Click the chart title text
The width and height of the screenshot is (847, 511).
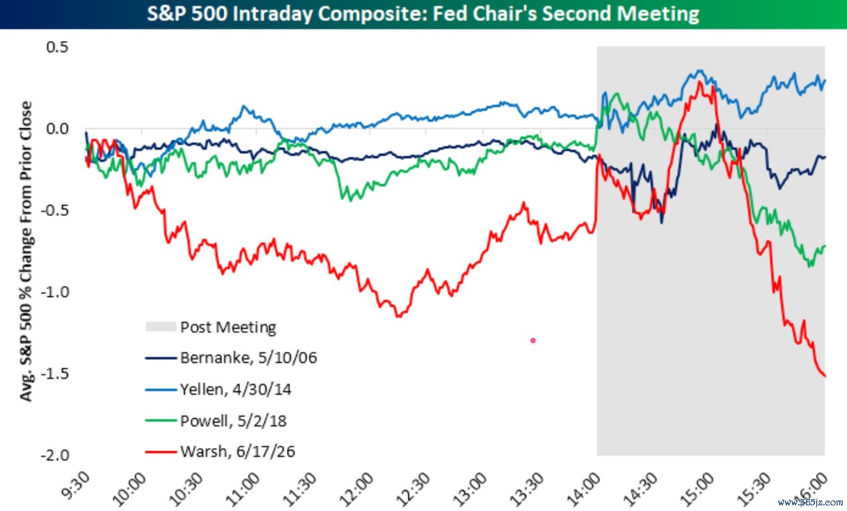[x=423, y=13]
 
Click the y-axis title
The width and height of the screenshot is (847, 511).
[x=26, y=251]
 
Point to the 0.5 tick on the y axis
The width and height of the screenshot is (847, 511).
[x=57, y=47]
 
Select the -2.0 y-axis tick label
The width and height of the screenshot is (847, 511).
[x=55, y=455]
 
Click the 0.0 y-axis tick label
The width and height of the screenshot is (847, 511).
[x=57, y=129]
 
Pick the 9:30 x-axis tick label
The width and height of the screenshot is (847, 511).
[x=76, y=486]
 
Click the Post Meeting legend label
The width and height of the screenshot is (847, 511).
[x=228, y=327]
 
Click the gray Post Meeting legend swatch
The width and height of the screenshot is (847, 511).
[x=161, y=327]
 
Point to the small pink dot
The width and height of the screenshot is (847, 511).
[x=533, y=341]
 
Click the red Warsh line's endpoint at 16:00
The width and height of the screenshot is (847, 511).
[x=825, y=376]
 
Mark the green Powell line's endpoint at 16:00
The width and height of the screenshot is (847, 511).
[x=825, y=246]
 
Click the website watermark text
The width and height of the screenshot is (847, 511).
[x=810, y=503]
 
